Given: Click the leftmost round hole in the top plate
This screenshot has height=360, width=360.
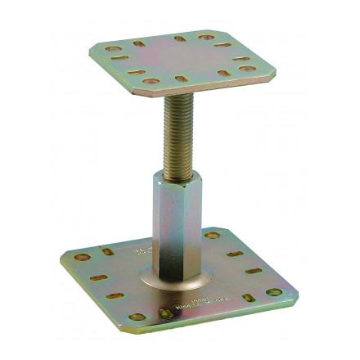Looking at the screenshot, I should point(113,49).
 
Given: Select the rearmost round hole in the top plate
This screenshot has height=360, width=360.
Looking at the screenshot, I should point(205,37).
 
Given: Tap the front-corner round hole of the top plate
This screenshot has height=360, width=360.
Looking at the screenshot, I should point(150,82).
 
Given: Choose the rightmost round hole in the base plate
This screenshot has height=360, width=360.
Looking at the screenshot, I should point(273,291).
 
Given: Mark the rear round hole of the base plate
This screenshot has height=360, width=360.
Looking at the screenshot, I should point(213,236).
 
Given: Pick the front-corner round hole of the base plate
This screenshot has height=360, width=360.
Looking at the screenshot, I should point(137,316).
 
